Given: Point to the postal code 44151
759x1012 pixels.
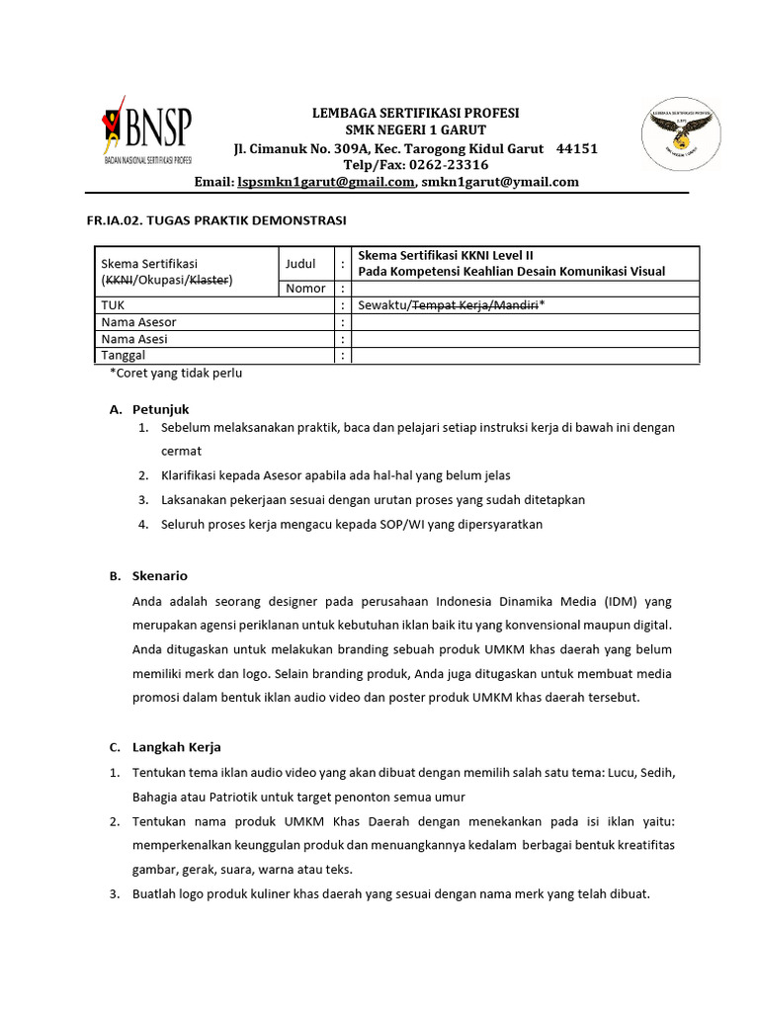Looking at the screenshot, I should coord(577,148).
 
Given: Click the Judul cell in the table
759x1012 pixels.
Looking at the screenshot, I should coord(300,264).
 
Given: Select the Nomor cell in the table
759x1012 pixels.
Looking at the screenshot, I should coord(305,289).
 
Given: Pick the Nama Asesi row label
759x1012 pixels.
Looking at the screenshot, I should coord(134,339).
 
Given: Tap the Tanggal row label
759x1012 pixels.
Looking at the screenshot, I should coord(124,356).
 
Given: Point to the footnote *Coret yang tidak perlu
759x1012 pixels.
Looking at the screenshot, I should coord(175,374).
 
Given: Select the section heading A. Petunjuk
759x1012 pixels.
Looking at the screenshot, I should coord(148,409).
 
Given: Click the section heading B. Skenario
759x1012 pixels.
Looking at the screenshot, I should coord(148,576).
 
